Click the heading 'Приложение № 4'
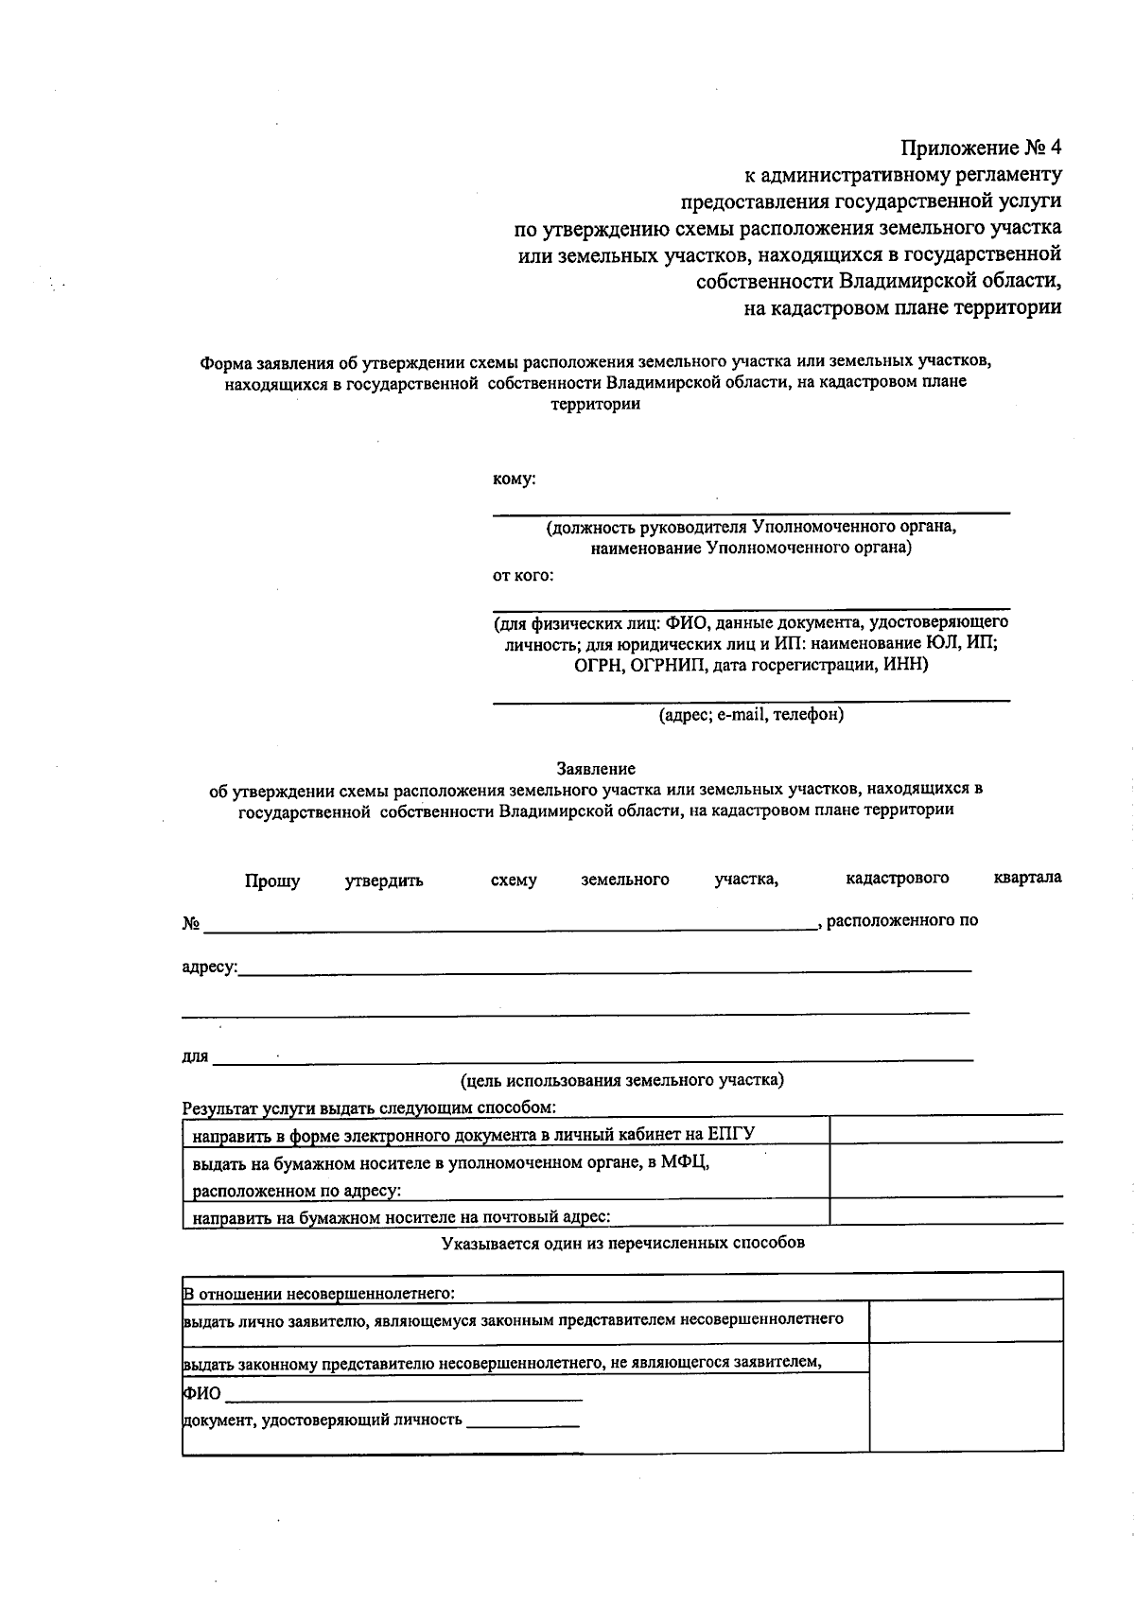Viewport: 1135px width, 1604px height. click(981, 148)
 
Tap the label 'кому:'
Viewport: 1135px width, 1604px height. click(514, 479)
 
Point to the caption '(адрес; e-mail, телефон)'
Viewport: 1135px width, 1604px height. click(751, 715)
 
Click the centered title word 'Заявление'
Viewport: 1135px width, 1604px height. click(596, 769)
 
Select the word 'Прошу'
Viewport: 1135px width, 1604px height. click(272, 881)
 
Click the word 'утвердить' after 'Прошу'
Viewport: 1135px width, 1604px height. click(384, 881)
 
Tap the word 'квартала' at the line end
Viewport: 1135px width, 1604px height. click(1027, 878)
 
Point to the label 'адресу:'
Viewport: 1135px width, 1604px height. click(210, 968)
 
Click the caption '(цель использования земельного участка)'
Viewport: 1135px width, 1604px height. click(621, 1080)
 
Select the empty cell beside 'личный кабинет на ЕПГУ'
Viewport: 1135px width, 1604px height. click(946, 1129)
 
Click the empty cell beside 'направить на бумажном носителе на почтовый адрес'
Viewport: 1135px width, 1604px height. click(946, 1212)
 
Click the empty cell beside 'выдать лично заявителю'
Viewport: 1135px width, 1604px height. click(966, 1321)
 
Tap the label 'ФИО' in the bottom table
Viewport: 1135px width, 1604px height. click(201, 1393)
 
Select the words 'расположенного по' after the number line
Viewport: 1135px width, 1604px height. click(902, 920)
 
